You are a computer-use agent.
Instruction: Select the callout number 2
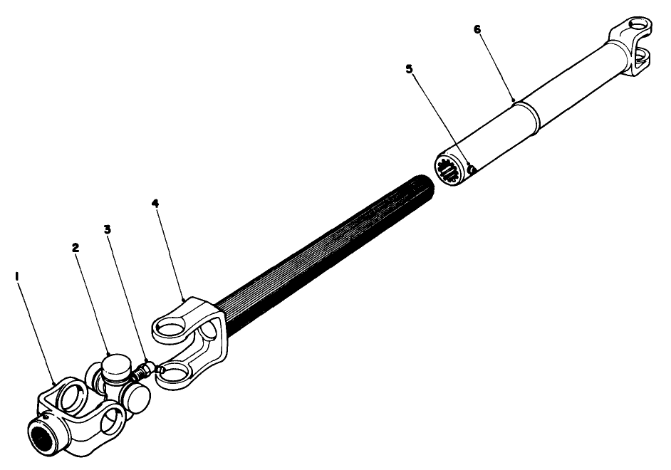pyautogui.click(x=75, y=248)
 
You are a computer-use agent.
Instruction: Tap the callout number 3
pyautogui.click(x=107, y=230)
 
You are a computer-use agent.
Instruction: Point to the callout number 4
pyautogui.click(x=155, y=204)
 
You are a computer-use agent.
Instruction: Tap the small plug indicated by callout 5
pyautogui.click(x=472, y=169)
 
